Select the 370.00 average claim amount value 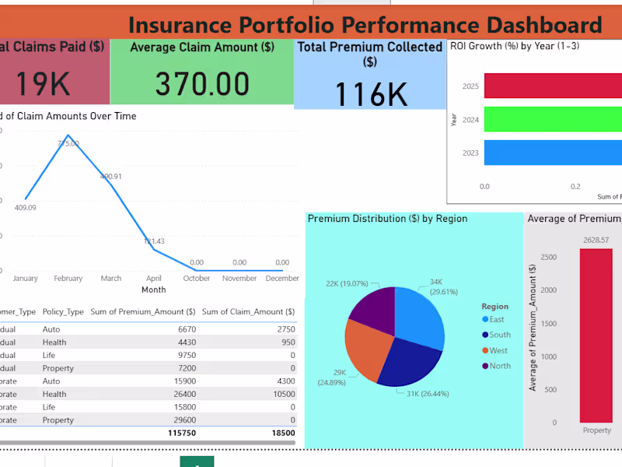pyautogui.click(x=202, y=83)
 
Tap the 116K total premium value pyautogui.click(x=371, y=94)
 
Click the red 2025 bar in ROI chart pyautogui.click(x=553, y=86)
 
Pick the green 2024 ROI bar pyautogui.click(x=553, y=119)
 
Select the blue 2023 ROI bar pyautogui.click(x=553, y=153)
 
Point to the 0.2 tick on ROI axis pyautogui.click(x=575, y=187)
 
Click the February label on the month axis pyautogui.click(x=68, y=279)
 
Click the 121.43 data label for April pyautogui.click(x=154, y=241)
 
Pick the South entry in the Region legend pyautogui.click(x=500, y=335)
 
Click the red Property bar pyautogui.click(x=596, y=335)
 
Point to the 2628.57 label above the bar pyautogui.click(x=596, y=241)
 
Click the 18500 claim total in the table pyautogui.click(x=281, y=433)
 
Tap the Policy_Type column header pyautogui.click(x=63, y=311)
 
